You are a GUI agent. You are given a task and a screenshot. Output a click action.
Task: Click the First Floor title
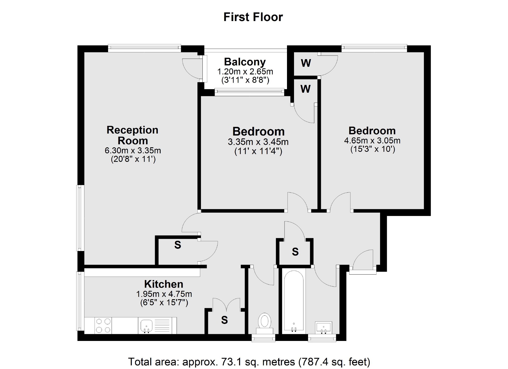[x=253, y=17]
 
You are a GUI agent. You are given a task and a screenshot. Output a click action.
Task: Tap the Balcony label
[x=245, y=62]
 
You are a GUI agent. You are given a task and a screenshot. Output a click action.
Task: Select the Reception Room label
[x=132, y=135]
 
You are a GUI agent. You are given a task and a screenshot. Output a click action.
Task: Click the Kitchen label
[x=164, y=284]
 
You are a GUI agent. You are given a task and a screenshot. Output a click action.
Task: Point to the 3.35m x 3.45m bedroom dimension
[x=258, y=142]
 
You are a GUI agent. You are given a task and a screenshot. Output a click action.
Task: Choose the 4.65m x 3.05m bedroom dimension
[x=372, y=141]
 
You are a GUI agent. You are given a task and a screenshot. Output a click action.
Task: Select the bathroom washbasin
[x=324, y=328]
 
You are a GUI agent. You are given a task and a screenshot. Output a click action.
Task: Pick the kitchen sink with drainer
[x=157, y=325]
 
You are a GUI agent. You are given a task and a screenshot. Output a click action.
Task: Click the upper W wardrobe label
[x=306, y=63]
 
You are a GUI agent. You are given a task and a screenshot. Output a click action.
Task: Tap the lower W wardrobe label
[x=305, y=89]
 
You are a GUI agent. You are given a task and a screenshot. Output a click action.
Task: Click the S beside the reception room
[x=178, y=245]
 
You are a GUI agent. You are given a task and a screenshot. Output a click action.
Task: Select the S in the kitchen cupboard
[x=224, y=320]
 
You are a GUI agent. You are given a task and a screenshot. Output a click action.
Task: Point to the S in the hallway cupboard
[x=295, y=252]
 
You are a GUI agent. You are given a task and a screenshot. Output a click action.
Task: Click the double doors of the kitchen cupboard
[x=226, y=304]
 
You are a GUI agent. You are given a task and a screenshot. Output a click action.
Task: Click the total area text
[x=249, y=362]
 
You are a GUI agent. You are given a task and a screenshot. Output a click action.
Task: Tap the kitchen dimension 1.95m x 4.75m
[x=164, y=294]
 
